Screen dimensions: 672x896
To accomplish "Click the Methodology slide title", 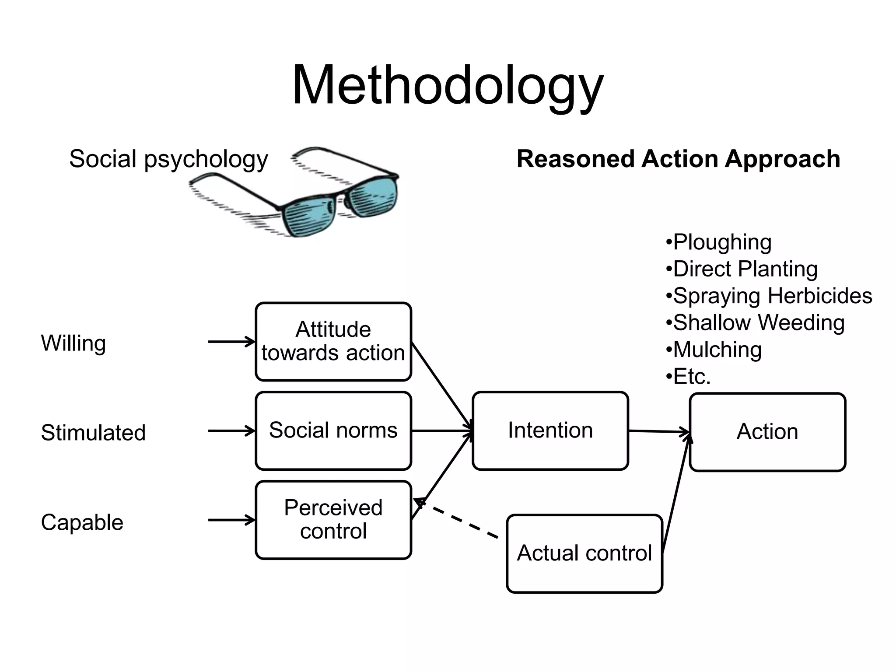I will (448, 85).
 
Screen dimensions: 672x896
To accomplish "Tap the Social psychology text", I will (168, 159).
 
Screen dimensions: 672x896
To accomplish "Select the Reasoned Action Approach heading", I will (678, 159).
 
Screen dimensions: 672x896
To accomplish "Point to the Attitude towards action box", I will (333, 341).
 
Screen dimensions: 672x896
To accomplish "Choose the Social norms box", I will (333, 430).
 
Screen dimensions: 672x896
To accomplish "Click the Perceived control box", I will (333, 520).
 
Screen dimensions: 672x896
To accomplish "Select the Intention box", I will (550, 430).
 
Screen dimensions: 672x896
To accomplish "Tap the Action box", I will (767, 432).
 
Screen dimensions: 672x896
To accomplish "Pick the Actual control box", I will (584, 553).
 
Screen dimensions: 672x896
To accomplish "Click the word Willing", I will (73, 343).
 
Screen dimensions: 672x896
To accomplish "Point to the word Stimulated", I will (93, 433).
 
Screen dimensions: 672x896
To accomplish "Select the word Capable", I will (82, 522).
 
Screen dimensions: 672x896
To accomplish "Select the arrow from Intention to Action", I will (659, 431).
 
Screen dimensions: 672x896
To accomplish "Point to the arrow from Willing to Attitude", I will (231, 342).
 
